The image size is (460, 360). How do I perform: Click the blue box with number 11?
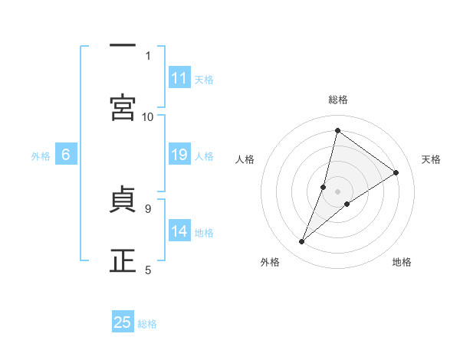[179, 78]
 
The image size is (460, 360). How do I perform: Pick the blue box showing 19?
[179, 155]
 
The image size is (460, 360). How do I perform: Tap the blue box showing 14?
[179, 231]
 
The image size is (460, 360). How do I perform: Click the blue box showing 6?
[66, 155]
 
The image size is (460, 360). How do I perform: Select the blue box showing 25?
[123, 322]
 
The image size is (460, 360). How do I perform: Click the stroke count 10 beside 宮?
[148, 116]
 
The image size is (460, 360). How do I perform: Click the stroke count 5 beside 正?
[148, 270]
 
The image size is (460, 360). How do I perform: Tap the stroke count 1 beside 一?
[148, 55]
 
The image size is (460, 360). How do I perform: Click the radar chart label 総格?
[338, 100]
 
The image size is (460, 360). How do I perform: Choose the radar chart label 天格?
[431, 159]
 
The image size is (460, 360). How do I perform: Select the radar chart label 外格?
[270, 262]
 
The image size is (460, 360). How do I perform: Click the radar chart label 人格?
[245, 159]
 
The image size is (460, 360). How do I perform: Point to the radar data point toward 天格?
[396, 172]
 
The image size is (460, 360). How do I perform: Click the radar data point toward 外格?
[302, 242]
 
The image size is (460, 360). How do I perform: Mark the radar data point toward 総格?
[337, 131]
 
